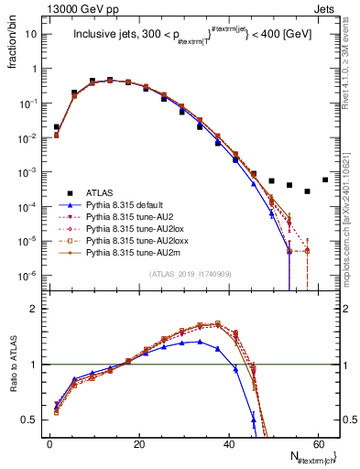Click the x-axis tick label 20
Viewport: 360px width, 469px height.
tap(139, 443)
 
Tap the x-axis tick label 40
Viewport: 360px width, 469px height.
tap(229, 443)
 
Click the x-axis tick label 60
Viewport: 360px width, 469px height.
tap(319, 443)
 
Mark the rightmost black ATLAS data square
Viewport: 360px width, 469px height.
tap(325, 180)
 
